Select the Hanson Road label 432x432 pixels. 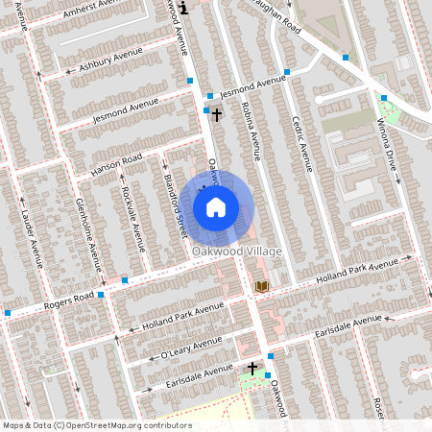click(116, 164)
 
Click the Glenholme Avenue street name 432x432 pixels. click(88, 234)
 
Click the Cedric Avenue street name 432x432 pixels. click(302, 143)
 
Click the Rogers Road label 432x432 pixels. click(62, 301)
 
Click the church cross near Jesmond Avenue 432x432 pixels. click(216, 115)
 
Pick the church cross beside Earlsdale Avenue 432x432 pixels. click(253, 368)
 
